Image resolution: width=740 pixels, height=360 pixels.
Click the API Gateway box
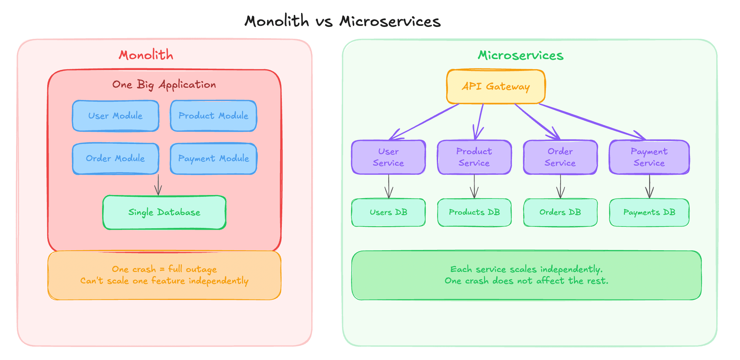496,87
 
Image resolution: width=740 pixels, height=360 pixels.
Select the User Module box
115,116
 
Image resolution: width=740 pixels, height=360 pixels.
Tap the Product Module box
213,116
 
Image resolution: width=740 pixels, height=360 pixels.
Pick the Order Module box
115,159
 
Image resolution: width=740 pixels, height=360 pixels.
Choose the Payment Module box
213,159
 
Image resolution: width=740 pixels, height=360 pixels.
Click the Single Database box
164,213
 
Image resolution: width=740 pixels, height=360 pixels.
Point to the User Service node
388,157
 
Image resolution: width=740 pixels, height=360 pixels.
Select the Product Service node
474,157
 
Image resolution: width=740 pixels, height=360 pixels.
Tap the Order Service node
560,157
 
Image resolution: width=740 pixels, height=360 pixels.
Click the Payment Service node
649,157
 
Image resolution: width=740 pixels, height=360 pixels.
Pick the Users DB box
388,213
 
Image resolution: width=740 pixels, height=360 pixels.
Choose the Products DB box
474,213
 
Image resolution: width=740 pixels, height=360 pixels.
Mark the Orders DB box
560,213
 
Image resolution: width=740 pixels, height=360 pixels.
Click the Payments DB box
649,213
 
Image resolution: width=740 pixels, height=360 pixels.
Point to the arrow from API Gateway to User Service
425,122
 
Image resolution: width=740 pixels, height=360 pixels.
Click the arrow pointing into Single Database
158,185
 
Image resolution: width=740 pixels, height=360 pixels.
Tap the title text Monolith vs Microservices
342,21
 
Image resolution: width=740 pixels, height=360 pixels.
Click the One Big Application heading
164,85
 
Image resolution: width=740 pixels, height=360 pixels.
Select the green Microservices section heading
521,55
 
